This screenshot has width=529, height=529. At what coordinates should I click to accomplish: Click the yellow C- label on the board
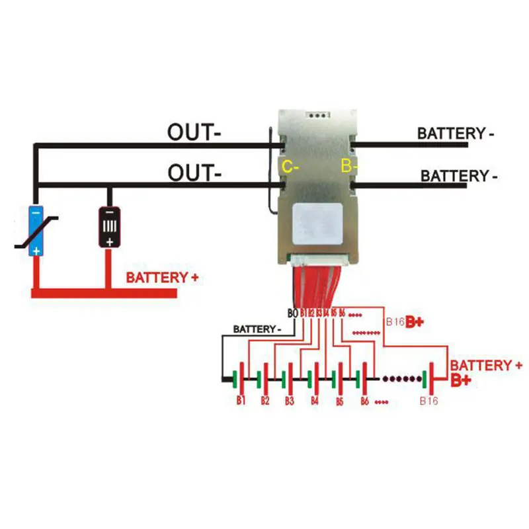(x=291, y=167)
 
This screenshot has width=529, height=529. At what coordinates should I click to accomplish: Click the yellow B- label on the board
(x=348, y=167)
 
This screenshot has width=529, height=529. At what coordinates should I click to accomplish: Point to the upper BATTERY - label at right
(x=456, y=133)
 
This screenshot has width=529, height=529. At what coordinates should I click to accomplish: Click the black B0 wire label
(x=292, y=312)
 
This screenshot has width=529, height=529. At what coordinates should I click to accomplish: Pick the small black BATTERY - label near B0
(x=258, y=329)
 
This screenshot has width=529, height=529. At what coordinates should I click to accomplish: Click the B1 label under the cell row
(x=241, y=401)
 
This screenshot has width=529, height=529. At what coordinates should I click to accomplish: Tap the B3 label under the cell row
(x=289, y=401)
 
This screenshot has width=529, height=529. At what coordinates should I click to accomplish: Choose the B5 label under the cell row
(x=339, y=401)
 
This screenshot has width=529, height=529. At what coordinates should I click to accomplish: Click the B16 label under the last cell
(x=429, y=401)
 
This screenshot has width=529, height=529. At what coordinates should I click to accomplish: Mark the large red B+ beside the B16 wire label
(x=415, y=322)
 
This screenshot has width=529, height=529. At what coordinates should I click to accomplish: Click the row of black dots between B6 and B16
(x=401, y=379)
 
